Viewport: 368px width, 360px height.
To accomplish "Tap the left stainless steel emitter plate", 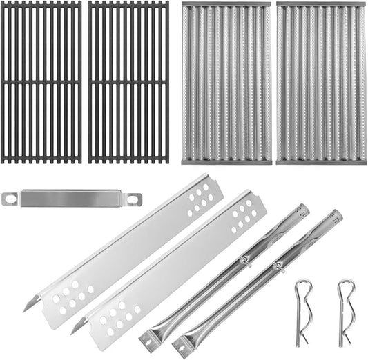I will click(226, 83).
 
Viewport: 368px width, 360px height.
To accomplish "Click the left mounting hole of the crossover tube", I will click(10, 199).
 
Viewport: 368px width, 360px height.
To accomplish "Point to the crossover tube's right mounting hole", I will click(134, 199).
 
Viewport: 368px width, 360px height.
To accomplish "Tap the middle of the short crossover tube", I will click(72, 199).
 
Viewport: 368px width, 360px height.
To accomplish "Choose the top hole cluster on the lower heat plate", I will click(244, 218).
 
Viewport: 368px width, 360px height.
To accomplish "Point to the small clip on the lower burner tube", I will click(278, 266).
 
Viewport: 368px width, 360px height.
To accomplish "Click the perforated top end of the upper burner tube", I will click(300, 210).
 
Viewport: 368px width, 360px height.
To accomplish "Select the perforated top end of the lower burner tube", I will click(333, 217).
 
